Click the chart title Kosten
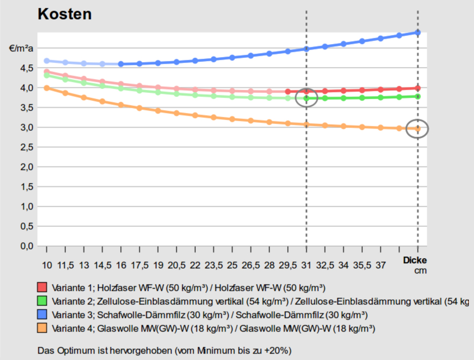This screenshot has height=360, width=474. [x=65, y=14]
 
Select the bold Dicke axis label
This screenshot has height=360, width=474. [x=415, y=260]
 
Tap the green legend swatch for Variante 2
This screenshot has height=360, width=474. [x=42, y=301]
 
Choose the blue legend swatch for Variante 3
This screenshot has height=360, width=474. [x=42, y=314]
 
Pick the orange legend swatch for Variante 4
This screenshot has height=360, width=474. [x=42, y=328]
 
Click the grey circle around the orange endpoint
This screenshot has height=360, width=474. [x=417, y=129]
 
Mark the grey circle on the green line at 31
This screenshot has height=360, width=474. [x=306, y=98]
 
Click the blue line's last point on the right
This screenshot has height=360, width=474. [x=418, y=32]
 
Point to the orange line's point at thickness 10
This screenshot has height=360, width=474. [x=47, y=88]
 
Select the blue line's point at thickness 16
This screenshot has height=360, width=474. [x=121, y=64]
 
